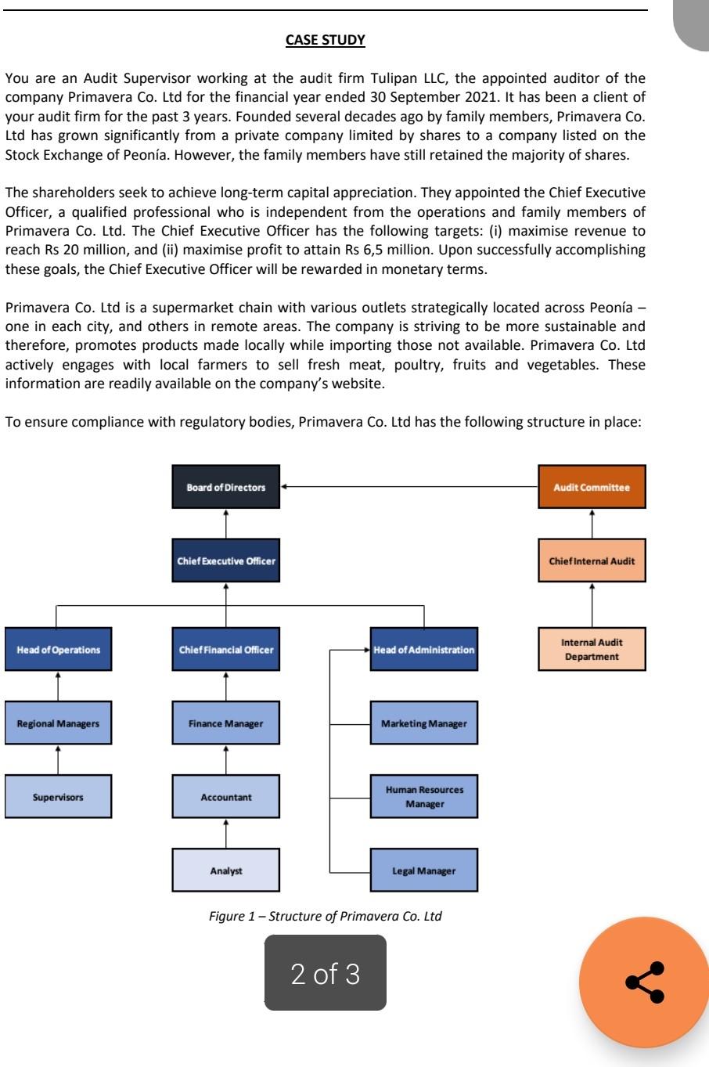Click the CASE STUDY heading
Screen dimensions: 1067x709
(325, 40)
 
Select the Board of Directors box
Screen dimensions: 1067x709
(225, 487)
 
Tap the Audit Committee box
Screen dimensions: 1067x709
(592, 487)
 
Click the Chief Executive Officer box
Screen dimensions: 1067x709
(225, 561)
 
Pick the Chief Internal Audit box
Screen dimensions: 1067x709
(592, 561)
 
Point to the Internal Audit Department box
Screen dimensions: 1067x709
(592, 649)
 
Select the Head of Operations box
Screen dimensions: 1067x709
(58, 649)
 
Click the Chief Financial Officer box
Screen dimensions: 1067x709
(225, 649)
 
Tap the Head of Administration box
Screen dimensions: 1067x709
(423, 649)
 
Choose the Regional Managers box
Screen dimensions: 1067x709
(58, 723)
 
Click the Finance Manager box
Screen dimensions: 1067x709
(225, 723)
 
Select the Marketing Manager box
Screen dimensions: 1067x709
(423, 723)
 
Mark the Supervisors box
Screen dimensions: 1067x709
(58, 797)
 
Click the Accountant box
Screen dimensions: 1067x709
(225, 797)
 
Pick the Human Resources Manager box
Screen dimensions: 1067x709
(423, 797)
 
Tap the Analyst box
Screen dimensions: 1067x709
(225, 871)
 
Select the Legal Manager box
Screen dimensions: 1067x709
(423, 871)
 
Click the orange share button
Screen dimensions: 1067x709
(644, 982)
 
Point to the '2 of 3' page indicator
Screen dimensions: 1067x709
(325, 973)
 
